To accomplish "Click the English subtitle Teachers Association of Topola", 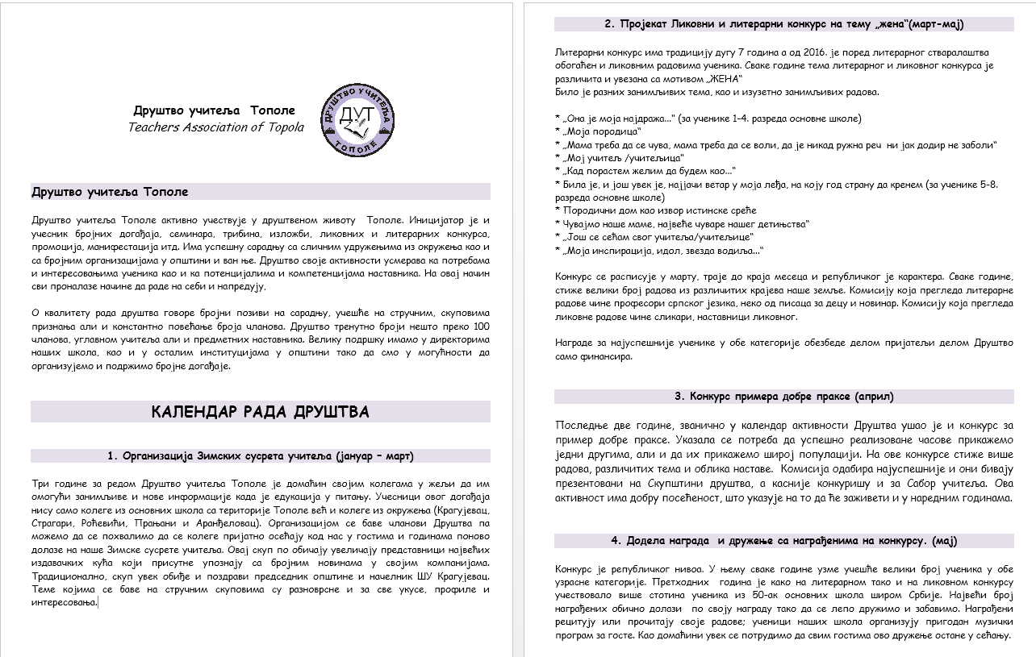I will click(215, 127).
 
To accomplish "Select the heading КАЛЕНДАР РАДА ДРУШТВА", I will click(260, 412).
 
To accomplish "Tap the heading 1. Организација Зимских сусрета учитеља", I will click(260, 456).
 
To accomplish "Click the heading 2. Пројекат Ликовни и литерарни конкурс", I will click(783, 24).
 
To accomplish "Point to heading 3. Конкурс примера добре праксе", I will click(783, 397).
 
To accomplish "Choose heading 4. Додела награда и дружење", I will click(783, 540).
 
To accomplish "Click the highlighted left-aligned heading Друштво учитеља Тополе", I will click(110, 192).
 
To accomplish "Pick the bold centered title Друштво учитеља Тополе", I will click(215, 110).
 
